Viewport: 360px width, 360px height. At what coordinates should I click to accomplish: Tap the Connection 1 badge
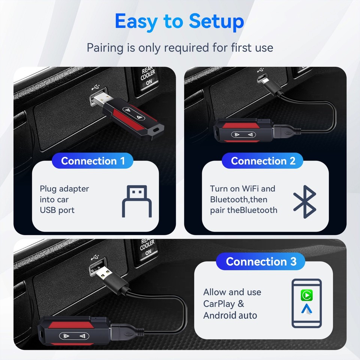93,161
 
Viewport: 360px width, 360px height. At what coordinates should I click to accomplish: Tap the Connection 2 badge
263,161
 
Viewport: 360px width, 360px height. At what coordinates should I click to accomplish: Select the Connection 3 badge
261,261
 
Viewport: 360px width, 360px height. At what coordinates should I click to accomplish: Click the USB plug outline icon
137,201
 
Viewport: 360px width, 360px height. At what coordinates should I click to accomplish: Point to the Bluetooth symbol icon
304,201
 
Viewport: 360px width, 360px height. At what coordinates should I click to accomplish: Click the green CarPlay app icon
307,295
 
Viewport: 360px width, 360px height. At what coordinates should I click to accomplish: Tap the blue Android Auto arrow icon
307,310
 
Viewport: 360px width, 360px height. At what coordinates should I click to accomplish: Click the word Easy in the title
136,21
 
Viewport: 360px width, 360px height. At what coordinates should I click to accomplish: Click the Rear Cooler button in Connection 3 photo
147,247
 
